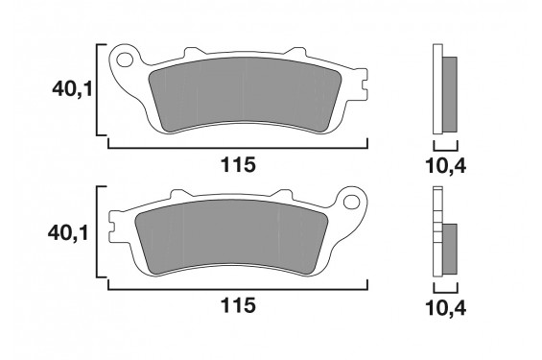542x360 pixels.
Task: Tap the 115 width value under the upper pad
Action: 237,165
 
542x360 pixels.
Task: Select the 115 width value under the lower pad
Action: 237,306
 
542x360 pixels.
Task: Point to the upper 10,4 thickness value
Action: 445,165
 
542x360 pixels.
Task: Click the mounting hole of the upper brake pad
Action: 123,63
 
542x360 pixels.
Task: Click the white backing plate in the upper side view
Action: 437,91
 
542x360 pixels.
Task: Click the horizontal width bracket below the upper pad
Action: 237,148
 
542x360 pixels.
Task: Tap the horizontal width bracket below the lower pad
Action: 237,289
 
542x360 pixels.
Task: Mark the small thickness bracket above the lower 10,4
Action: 445,289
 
